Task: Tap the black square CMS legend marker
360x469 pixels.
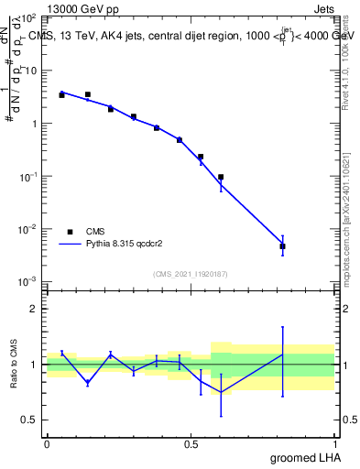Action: (68, 232)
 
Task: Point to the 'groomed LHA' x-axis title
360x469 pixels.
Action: (304, 457)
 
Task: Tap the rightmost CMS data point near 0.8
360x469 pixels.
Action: (283, 246)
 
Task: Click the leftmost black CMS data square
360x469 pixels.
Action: (61, 94)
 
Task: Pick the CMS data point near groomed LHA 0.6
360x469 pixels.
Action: (221, 177)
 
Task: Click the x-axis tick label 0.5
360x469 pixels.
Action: (191, 443)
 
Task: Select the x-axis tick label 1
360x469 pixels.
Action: (334, 443)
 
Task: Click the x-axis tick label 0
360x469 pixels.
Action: (47, 443)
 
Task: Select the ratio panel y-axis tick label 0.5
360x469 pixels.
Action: (30, 420)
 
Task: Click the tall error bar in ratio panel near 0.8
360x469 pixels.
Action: (283, 361)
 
